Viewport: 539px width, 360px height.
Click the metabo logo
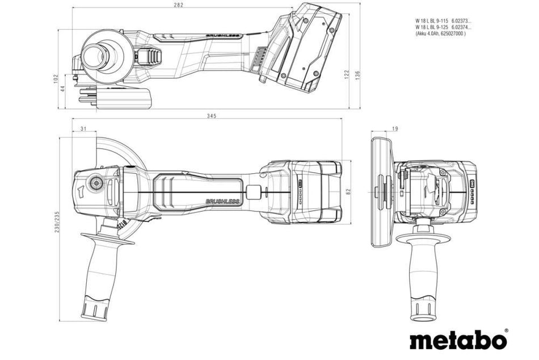(x=458, y=341)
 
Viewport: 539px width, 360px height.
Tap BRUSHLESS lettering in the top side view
(x=223, y=36)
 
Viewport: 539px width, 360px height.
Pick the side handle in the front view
(x=423, y=267)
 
